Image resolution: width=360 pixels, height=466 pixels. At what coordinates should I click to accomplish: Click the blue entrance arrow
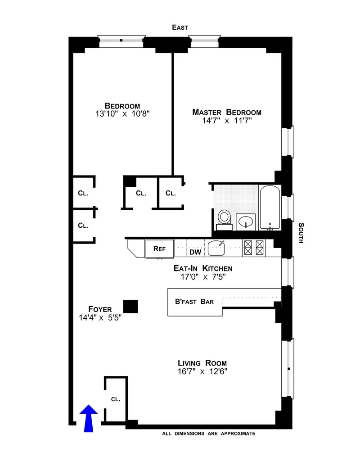(x=89, y=418)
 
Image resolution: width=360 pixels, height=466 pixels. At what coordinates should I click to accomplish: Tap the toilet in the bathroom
(x=224, y=218)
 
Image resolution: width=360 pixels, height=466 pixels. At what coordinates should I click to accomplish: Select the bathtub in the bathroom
(x=270, y=208)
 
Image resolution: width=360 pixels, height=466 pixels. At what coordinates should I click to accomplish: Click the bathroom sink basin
(x=246, y=221)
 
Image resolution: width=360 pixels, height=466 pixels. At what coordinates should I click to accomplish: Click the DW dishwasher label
(x=195, y=252)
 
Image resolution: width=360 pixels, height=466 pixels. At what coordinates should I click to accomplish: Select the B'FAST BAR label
(x=194, y=302)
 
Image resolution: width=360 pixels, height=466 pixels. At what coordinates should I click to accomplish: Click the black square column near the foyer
(x=130, y=307)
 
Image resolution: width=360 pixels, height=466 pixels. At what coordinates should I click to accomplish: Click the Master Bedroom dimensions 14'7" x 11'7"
(x=227, y=121)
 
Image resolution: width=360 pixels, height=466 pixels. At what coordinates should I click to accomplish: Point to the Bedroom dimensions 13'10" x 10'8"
(x=120, y=114)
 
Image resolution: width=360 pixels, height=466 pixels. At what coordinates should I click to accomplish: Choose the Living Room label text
(x=202, y=363)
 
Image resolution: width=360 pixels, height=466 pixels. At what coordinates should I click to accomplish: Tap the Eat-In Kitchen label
(x=203, y=268)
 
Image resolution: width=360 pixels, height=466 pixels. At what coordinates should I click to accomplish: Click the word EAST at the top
(x=180, y=27)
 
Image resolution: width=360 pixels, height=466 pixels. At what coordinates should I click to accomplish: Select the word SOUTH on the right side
(x=300, y=233)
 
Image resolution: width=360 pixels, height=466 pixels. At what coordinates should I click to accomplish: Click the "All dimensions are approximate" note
(x=209, y=434)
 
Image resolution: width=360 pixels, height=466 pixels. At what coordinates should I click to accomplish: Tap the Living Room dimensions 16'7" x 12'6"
(x=202, y=372)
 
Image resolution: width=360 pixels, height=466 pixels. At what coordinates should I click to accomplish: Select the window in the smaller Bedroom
(x=121, y=41)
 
